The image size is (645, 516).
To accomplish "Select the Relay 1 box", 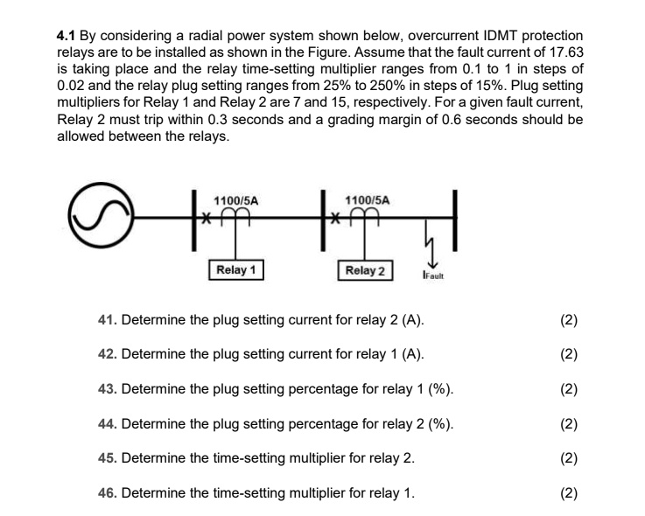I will pos(236,269).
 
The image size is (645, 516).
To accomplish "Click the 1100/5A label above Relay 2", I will pos(368,200).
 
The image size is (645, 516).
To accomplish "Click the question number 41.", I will pos(108,320).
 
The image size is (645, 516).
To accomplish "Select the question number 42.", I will pos(108,354).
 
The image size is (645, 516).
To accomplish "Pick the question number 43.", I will pos(108,389).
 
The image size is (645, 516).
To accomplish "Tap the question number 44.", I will pos(108,424).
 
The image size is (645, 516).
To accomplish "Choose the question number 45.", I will pos(108,458).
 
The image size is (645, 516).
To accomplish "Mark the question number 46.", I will pos(108,492).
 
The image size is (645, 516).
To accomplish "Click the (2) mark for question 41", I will pos(568,320).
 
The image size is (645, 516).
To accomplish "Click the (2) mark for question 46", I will pos(568,492).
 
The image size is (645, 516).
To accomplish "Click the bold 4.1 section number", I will pos(67,36).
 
